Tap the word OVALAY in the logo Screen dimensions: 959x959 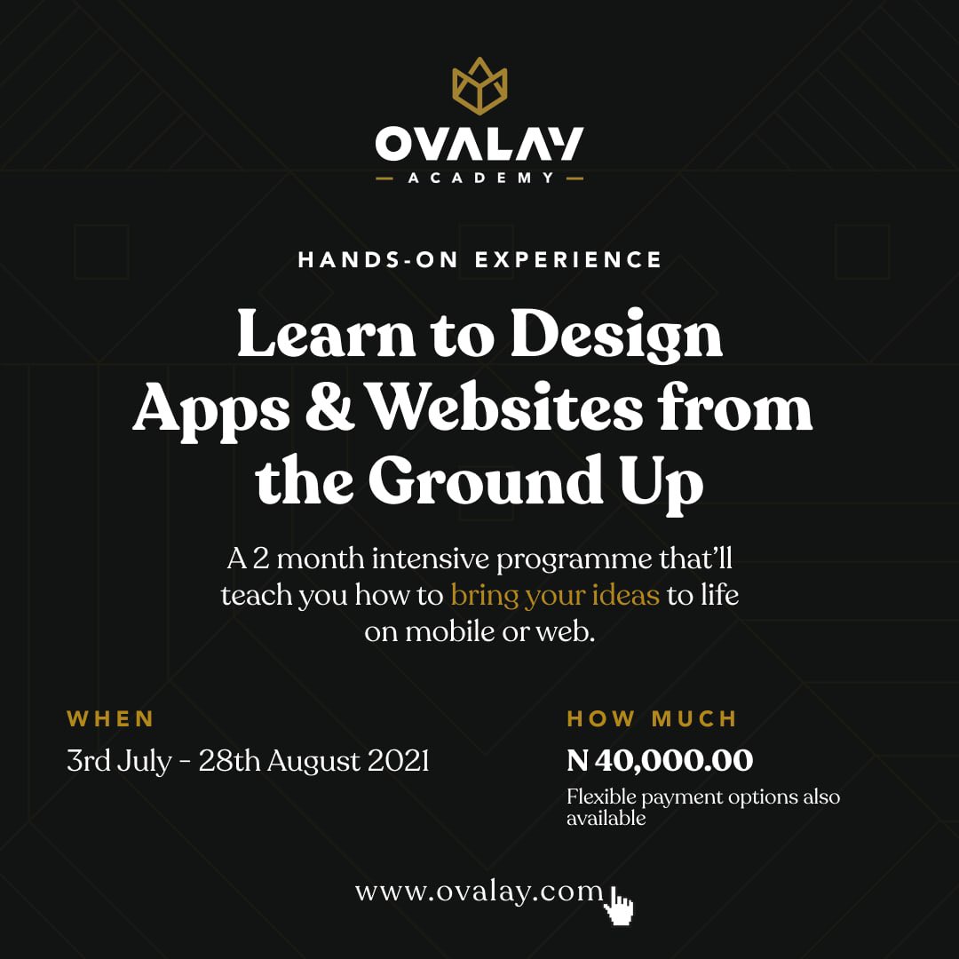click(x=479, y=145)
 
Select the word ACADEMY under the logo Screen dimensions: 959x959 click(x=480, y=178)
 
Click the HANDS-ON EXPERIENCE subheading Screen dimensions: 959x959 click(x=480, y=260)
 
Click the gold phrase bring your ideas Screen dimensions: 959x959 click(x=555, y=594)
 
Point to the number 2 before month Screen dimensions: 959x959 click(x=261, y=559)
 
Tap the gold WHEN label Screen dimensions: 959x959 click(x=111, y=718)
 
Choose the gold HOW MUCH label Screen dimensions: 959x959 click(x=652, y=718)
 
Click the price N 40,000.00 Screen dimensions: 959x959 click(x=660, y=760)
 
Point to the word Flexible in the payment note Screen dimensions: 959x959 click(x=600, y=797)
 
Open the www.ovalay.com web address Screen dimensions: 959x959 click(x=479, y=891)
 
